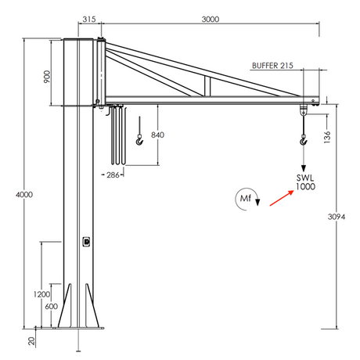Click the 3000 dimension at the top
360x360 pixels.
(x=209, y=19)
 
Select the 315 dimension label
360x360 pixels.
(x=88, y=19)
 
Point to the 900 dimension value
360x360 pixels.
(x=47, y=76)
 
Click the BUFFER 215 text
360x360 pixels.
(x=273, y=67)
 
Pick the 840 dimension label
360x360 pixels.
(x=157, y=135)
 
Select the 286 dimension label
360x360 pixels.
(x=113, y=175)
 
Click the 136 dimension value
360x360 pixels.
(x=327, y=137)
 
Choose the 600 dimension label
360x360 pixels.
(x=50, y=307)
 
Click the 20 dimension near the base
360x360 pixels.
(x=32, y=340)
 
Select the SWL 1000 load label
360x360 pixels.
(x=304, y=182)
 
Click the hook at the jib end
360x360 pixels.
(x=304, y=140)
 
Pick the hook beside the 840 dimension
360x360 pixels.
(x=139, y=139)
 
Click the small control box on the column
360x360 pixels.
(x=85, y=242)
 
